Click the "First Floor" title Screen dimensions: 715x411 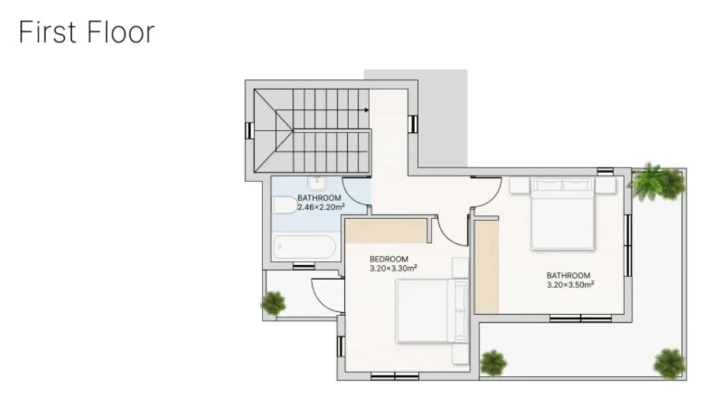click(x=87, y=32)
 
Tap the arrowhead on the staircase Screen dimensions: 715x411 click(x=366, y=110)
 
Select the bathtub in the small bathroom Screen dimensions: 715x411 click(x=304, y=247)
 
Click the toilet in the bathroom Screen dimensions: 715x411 click(x=285, y=205)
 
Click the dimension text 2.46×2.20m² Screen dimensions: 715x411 click(x=321, y=207)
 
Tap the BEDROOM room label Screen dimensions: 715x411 click(x=388, y=260)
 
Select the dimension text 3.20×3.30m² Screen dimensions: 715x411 click(x=393, y=269)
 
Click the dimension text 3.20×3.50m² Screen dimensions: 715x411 click(x=570, y=285)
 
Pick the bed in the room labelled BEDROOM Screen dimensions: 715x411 click(x=432, y=311)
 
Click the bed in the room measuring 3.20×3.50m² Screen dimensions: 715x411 click(x=563, y=214)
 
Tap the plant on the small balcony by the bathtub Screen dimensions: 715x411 click(x=273, y=304)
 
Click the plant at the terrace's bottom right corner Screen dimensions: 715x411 click(x=670, y=363)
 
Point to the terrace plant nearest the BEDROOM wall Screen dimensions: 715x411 click(x=494, y=363)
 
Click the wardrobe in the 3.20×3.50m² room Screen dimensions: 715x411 click(x=487, y=267)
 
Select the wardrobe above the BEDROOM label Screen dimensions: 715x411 click(x=385, y=231)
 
